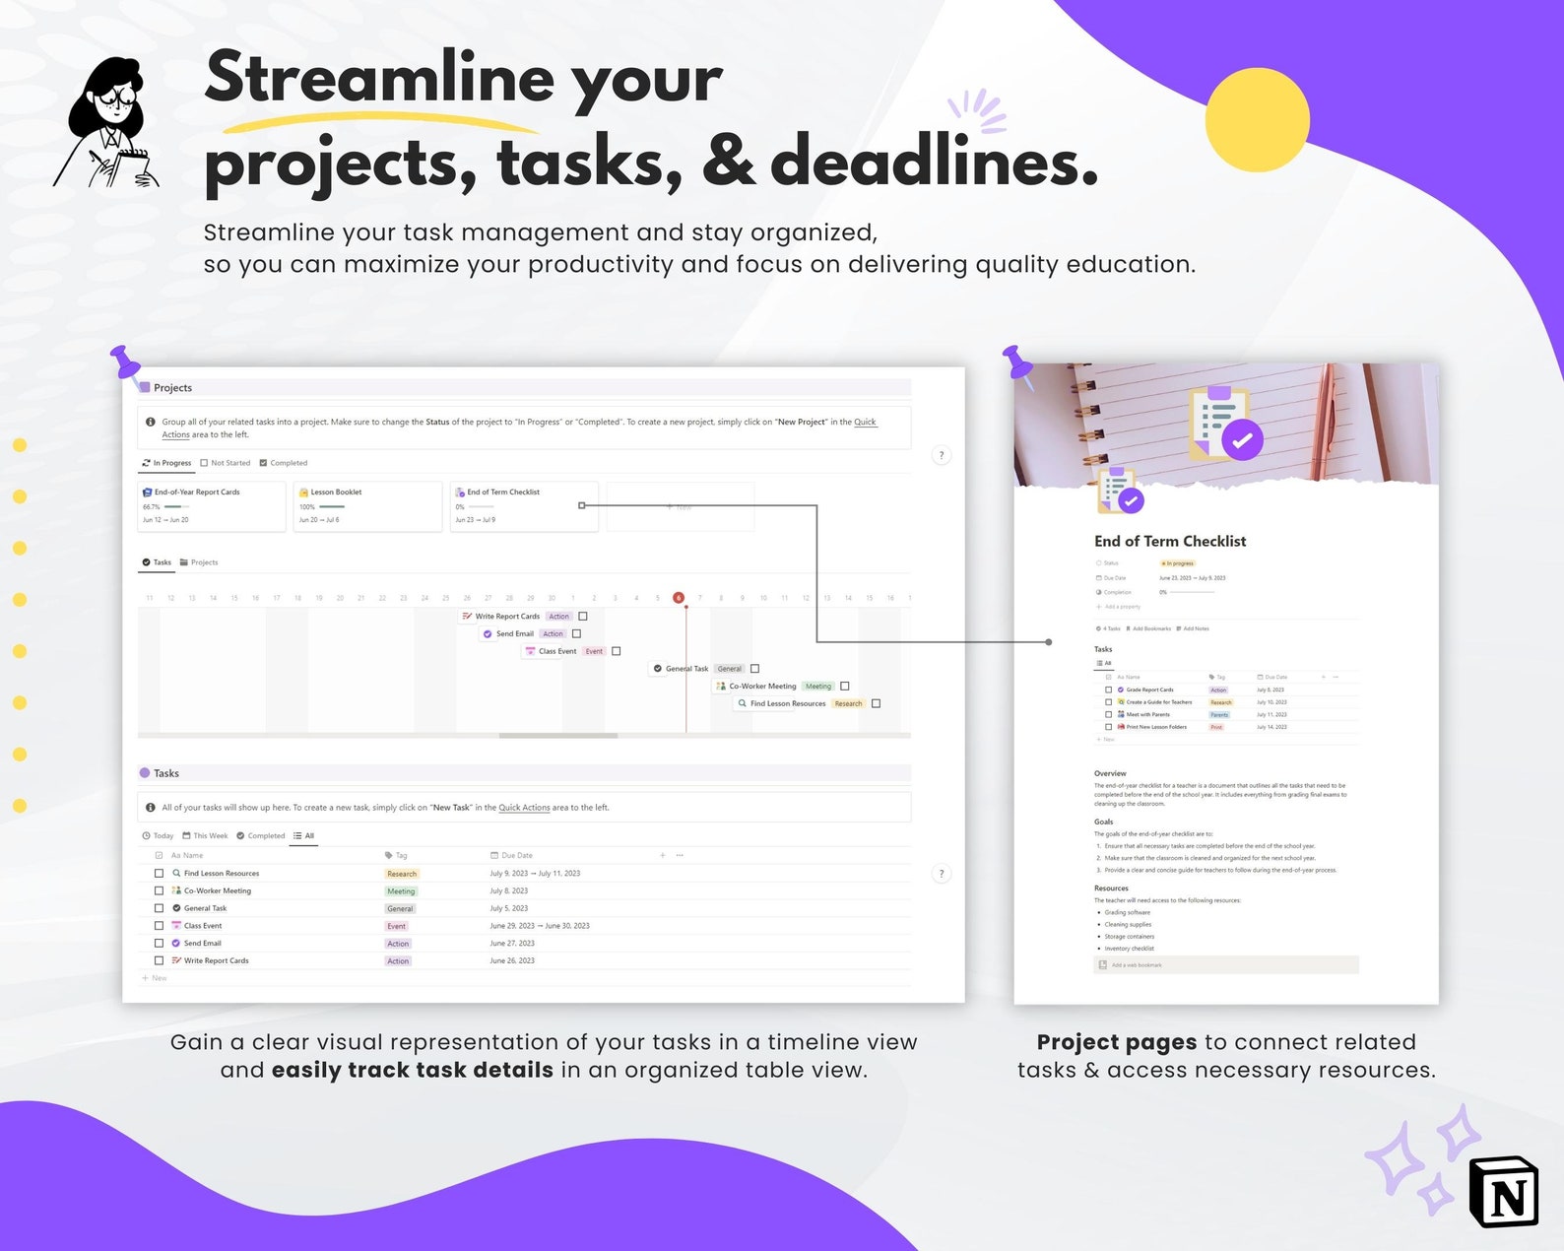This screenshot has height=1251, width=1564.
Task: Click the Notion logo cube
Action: click(x=1503, y=1192)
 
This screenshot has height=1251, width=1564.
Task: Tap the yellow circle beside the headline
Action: click(x=1257, y=120)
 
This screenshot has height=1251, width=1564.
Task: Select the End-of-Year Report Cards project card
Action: click(x=212, y=505)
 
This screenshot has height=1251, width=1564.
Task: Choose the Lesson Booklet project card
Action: click(x=367, y=505)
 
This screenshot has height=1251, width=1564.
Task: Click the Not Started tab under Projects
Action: click(x=226, y=463)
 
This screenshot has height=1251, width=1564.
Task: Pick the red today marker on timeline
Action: click(x=679, y=598)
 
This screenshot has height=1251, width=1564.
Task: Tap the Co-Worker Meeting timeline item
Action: click(x=762, y=687)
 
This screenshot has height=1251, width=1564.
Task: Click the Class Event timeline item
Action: click(x=556, y=651)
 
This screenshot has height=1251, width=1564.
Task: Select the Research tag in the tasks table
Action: click(x=402, y=874)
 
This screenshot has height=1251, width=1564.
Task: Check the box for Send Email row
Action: click(x=160, y=944)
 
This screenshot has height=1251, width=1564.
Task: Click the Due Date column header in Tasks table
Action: click(x=516, y=855)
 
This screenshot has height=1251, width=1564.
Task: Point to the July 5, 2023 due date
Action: click(x=509, y=908)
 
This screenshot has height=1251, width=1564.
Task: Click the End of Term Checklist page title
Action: click(x=1170, y=541)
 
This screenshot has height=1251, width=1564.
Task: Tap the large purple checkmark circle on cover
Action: click(x=1243, y=440)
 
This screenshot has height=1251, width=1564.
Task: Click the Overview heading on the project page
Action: click(x=1110, y=773)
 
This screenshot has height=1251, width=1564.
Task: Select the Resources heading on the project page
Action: click(x=1111, y=888)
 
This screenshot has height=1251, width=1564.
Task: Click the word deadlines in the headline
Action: click(x=933, y=162)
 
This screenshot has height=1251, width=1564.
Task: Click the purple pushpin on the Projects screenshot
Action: click(x=126, y=363)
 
